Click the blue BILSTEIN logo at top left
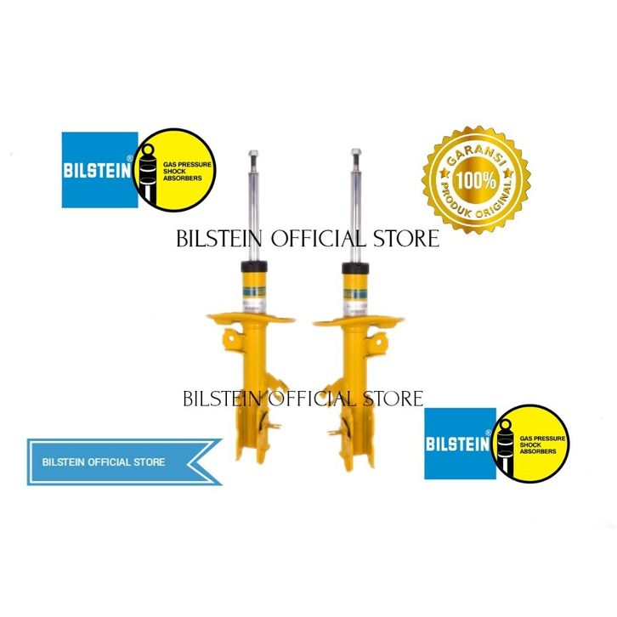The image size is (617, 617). tap(100, 169)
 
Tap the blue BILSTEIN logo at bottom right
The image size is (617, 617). tap(460, 442)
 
